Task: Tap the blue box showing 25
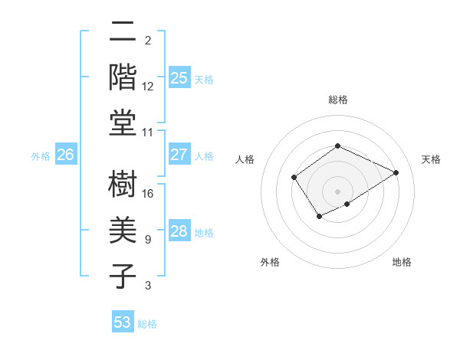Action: pos(179,77)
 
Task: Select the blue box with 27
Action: pos(179,155)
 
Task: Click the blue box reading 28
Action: pos(179,231)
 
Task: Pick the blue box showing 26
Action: pos(66,155)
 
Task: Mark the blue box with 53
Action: pos(123,322)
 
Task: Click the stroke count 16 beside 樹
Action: pos(148,193)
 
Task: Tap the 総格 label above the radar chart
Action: pos(337,100)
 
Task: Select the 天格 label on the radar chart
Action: pos(431,159)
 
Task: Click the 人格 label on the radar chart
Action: pos(245,159)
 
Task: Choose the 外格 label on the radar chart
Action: pos(270,262)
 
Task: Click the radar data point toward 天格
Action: pos(396,172)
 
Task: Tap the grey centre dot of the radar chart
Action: pos(337,191)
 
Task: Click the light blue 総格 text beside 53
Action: pos(147,323)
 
